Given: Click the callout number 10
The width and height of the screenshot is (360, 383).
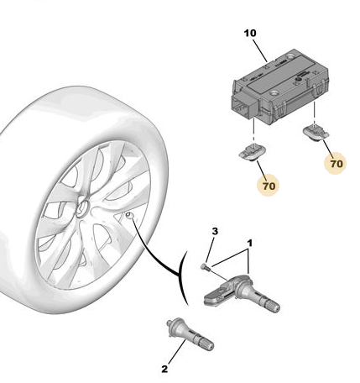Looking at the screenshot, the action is coord(250,34).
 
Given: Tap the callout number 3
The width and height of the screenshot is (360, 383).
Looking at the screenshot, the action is coord(215,231).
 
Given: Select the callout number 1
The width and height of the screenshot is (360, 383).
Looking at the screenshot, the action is coord(249,243).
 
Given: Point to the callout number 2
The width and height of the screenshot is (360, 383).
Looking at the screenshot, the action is coord(164,369).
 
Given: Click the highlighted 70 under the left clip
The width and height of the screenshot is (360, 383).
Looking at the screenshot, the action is coord(269,186).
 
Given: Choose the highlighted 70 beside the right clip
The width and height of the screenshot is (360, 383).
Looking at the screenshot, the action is coord(336,164).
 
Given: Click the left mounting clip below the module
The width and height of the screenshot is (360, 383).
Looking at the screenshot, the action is coord(252,152).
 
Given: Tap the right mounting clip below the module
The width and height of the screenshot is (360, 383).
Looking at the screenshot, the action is coord(316,132).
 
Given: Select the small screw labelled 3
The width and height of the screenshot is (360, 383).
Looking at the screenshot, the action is coord(204,267).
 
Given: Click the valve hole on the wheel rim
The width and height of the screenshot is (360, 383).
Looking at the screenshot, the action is coord(129,215).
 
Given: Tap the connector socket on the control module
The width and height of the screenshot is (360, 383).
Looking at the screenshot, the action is coord(243,107).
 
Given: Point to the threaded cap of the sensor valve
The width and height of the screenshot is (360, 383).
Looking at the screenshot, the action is coord(273,306).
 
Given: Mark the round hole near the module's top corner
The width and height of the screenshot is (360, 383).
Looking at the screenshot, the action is coord(291,57).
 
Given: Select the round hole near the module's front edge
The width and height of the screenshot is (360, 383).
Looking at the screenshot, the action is coord(273,92).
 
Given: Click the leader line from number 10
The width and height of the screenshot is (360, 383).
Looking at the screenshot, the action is coord(260,50).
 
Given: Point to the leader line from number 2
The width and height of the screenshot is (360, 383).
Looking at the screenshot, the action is coord(177,352).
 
